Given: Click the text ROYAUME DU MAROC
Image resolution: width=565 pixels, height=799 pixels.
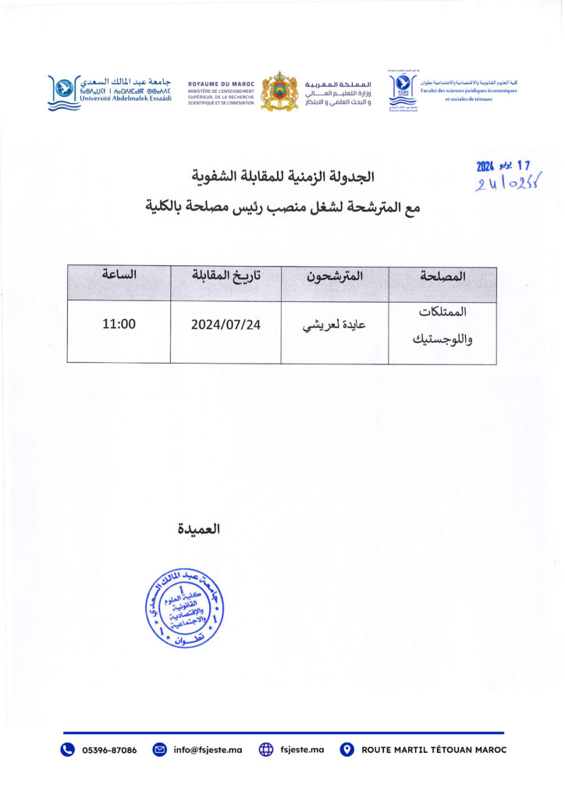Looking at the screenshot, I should point(221,83).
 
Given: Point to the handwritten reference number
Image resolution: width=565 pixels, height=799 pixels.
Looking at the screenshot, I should point(510,183).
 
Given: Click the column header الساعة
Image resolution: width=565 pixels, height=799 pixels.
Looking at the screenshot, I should point(119,275).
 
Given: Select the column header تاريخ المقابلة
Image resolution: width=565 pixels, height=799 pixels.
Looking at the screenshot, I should point(226,275).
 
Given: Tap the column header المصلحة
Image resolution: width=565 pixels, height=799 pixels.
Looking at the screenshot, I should point(442,275).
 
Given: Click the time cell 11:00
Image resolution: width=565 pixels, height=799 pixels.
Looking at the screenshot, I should point(119,324).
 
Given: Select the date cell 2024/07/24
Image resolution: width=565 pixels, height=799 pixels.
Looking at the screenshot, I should point(226,325).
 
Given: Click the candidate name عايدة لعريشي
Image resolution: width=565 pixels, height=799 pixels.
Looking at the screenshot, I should point(334,326).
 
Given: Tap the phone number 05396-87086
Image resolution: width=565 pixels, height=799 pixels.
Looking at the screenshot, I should point(109,750).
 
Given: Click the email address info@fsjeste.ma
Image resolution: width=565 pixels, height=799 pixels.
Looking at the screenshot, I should point(208,750).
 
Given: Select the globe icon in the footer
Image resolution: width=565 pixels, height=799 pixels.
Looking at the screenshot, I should point(265,750).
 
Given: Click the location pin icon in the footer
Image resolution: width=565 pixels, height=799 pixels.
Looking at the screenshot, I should point(347,750).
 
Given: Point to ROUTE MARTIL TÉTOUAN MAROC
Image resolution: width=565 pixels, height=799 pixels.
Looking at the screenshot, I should point(434,750).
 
